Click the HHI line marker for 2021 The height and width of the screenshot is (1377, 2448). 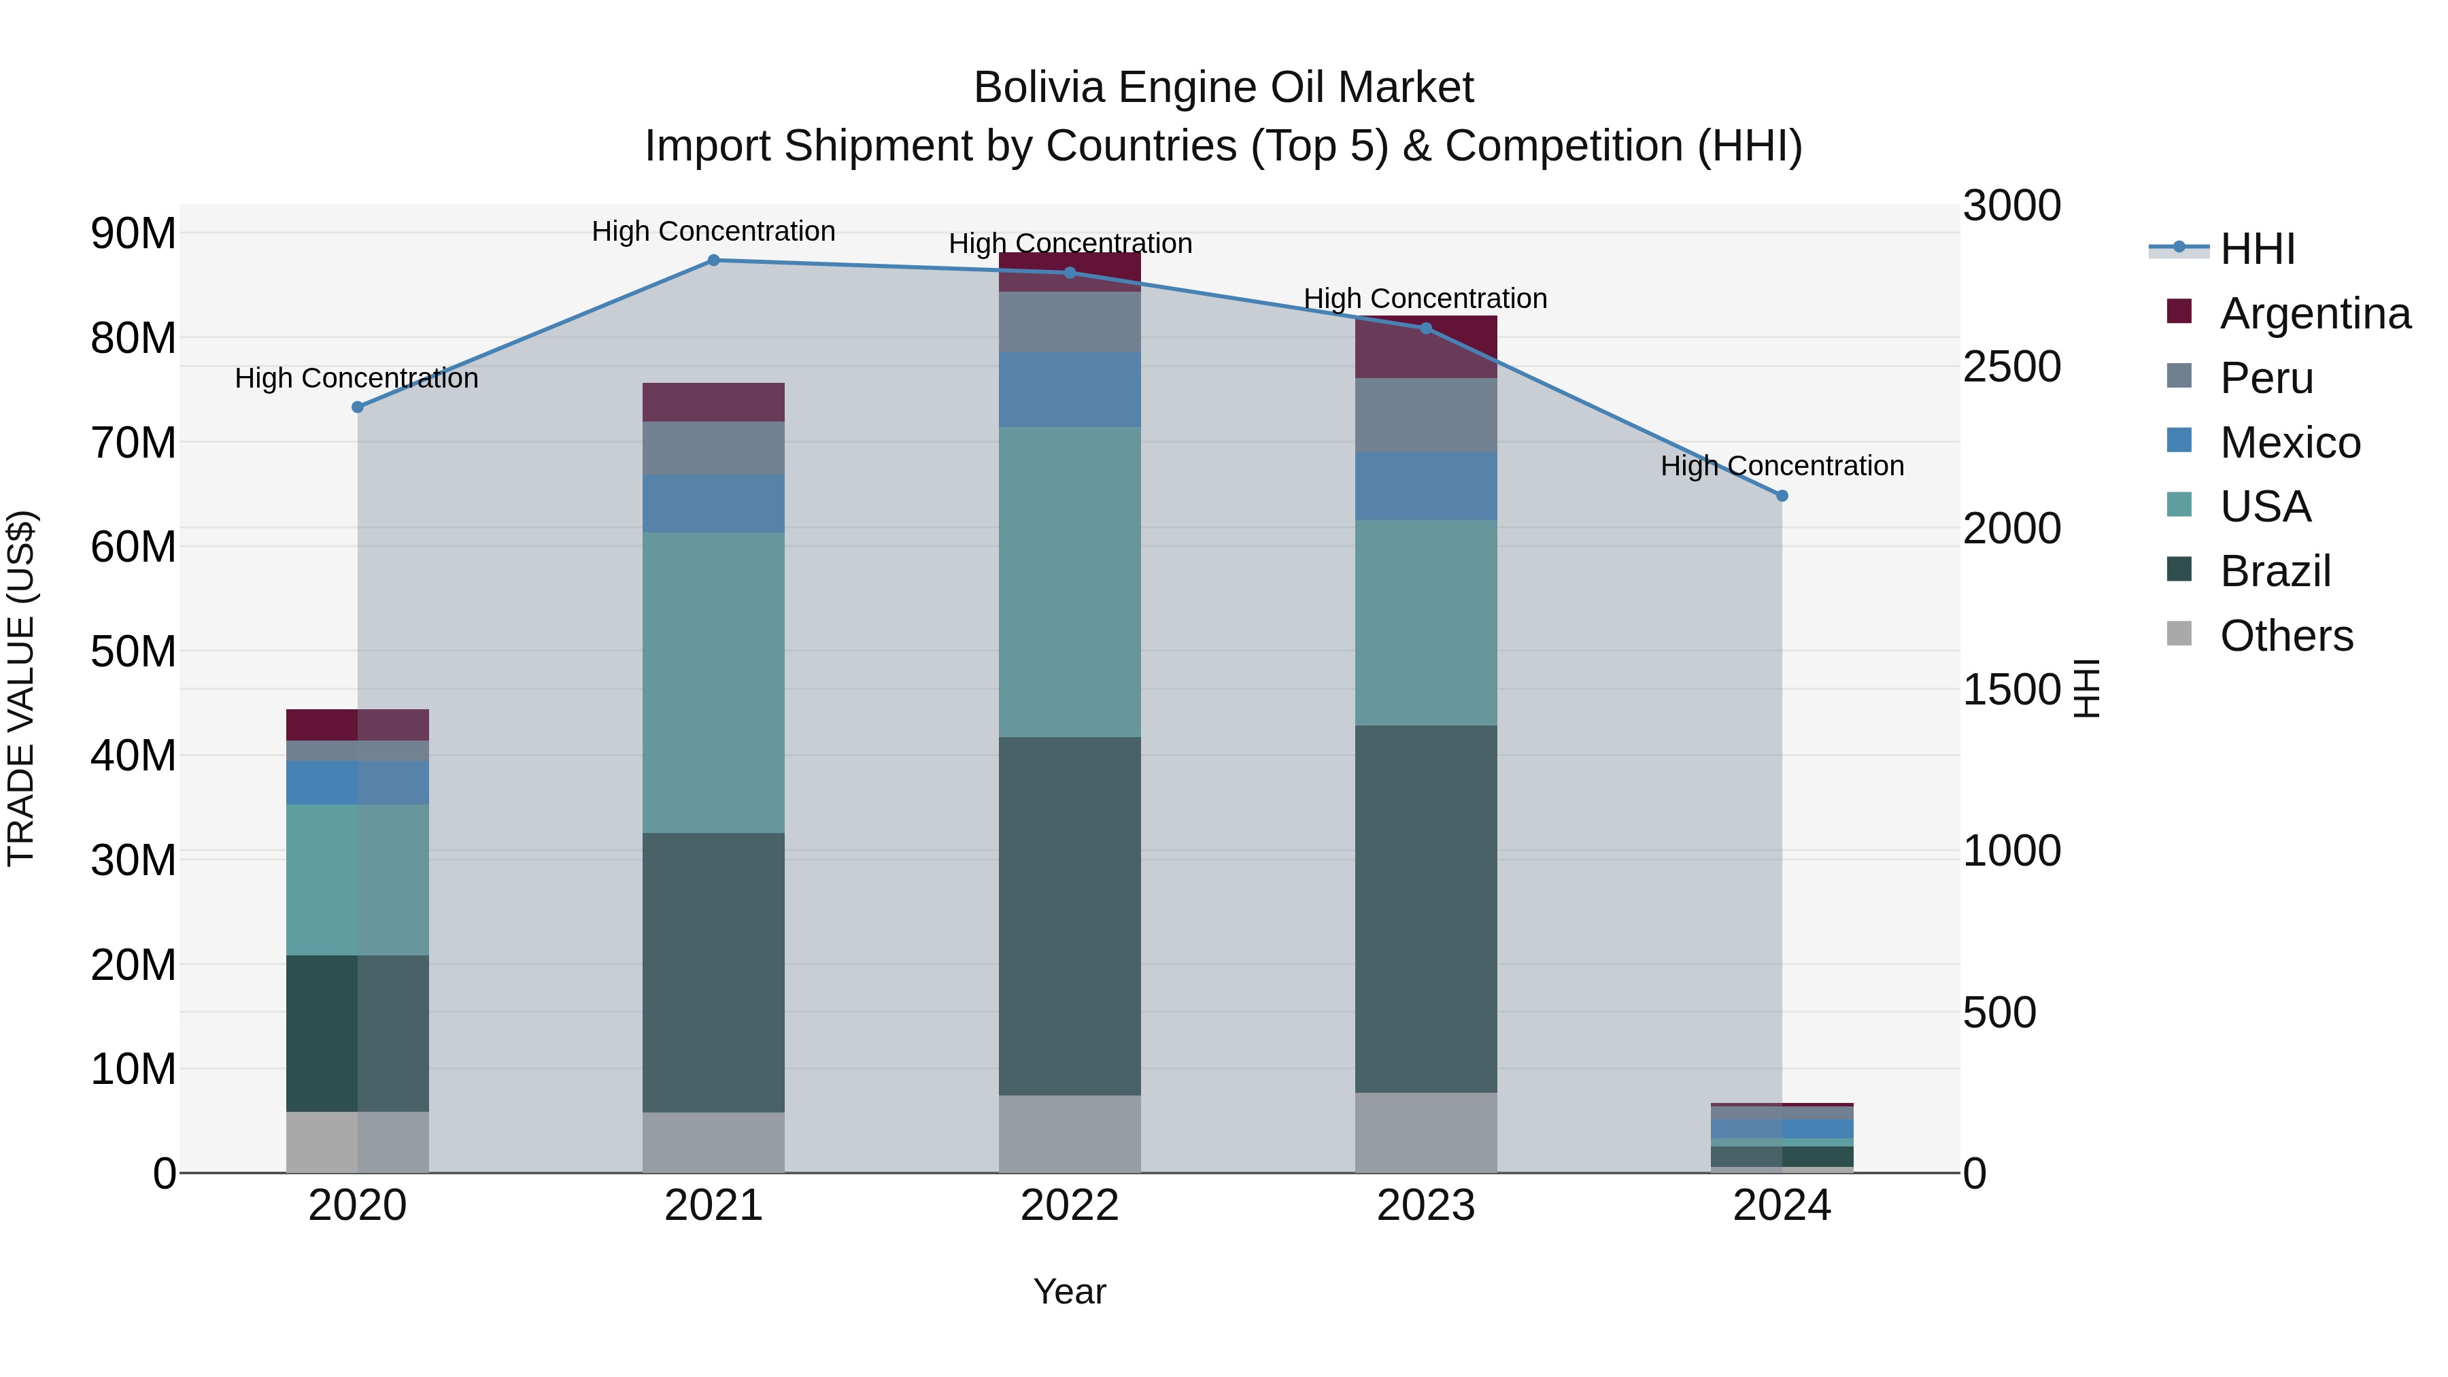click(714, 260)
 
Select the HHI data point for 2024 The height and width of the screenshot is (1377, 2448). click(1782, 496)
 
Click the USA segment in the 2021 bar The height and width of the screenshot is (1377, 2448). click(714, 682)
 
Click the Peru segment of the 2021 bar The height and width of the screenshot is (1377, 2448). click(714, 449)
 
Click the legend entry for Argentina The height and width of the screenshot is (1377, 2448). click(2315, 313)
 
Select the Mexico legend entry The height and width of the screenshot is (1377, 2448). click(2290, 443)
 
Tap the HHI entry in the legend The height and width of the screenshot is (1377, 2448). click(2258, 249)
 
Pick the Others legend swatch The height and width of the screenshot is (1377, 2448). click(2179, 634)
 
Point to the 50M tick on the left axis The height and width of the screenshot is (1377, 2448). click(133, 652)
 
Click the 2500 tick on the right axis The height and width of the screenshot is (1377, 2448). click(2012, 368)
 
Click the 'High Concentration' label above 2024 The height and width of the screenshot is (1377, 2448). click(1782, 466)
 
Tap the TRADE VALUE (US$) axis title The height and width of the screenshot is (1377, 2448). click(22, 688)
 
